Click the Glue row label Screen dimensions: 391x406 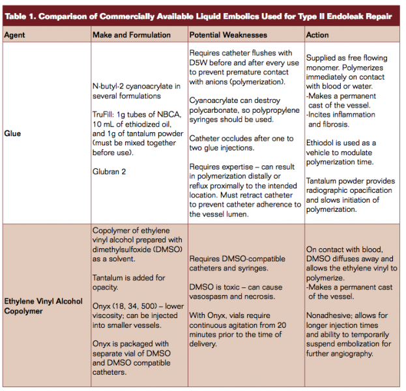click(12, 134)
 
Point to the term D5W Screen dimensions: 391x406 click(199, 63)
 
